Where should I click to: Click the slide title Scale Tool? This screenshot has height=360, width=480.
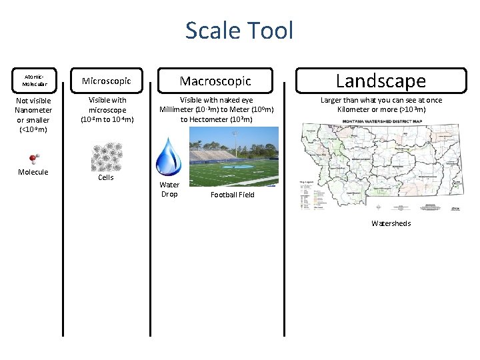click(x=239, y=31)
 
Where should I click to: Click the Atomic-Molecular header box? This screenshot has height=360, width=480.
click(x=33, y=81)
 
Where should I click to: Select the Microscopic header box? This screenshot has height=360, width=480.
click(x=107, y=81)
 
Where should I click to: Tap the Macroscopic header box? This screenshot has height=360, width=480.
click(x=215, y=81)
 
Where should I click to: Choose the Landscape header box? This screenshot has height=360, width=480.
click(x=380, y=81)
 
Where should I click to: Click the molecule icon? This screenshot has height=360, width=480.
click(x=33, y=159)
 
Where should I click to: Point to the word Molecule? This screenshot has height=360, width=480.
click(x=33, y=172)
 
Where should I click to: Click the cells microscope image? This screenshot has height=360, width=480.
click(x=106, y=156)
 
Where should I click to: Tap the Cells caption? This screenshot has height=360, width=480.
click(x=106, y=177)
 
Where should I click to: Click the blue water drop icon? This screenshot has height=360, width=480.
click(x=169, y=157)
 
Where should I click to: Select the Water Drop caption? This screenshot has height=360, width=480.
click(x=169, y=189)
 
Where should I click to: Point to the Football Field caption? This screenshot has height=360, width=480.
click(x=233, y=195)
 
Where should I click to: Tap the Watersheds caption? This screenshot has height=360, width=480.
click(x=391, y=223)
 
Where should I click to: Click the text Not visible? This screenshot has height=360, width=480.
click(x=33, y=101)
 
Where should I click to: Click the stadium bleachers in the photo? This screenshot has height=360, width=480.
click(x=213, y=155)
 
